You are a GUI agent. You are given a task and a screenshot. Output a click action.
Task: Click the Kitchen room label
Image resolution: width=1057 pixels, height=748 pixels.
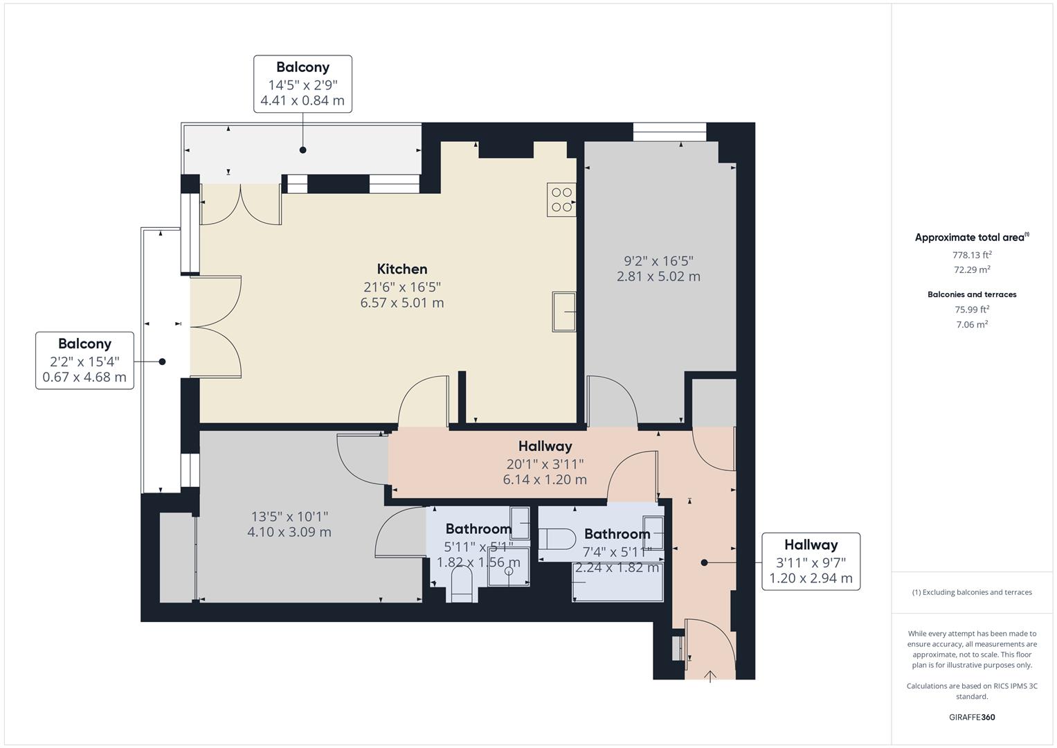(401, 269)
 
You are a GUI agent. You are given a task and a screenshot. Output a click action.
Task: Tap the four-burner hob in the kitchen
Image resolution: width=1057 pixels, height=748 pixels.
(561, 199)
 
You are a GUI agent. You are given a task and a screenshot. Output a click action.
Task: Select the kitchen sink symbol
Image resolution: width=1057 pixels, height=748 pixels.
(564, 312)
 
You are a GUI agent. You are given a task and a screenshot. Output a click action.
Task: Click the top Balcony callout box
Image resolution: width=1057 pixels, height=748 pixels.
(302, 84)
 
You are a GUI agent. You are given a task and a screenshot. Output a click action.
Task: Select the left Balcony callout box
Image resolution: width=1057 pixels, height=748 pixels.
(84, 360)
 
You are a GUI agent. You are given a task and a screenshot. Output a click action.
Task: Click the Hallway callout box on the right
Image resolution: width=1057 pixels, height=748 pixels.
(811, 561)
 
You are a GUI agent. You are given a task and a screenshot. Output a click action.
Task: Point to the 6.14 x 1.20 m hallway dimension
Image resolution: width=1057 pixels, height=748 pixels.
(545, 479)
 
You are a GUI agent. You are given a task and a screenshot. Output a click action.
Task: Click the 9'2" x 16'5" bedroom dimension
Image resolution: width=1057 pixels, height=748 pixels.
(658, 261)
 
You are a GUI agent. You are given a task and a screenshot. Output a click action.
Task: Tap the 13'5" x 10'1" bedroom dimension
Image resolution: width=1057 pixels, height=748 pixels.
(289, 517)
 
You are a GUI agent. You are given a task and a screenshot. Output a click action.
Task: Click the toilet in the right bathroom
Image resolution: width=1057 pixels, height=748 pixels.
(558, 539)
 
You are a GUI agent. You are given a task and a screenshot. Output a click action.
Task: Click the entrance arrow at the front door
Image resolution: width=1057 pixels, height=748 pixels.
(710, 676)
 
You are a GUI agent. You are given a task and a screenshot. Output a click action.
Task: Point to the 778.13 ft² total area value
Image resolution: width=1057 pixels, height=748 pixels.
(972, 254)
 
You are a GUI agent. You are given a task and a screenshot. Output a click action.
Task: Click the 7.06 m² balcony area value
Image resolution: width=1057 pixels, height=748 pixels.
(972, 324)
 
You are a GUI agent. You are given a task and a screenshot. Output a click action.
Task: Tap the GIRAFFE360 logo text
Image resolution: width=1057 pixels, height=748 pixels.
(972, 717)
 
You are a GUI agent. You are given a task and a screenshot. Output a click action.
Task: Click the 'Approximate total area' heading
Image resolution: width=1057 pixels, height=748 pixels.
(971, 238)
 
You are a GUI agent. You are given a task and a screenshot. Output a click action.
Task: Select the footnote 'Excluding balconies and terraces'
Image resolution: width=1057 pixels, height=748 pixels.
(972, 592)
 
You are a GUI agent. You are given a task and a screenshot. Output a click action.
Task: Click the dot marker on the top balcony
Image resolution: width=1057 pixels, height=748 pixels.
(302, 150)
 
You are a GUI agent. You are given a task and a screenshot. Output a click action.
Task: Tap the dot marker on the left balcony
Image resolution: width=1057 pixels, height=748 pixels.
(163, 362)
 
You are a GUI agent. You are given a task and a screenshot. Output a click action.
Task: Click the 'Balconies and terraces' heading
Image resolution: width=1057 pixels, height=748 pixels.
(972, 294)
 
